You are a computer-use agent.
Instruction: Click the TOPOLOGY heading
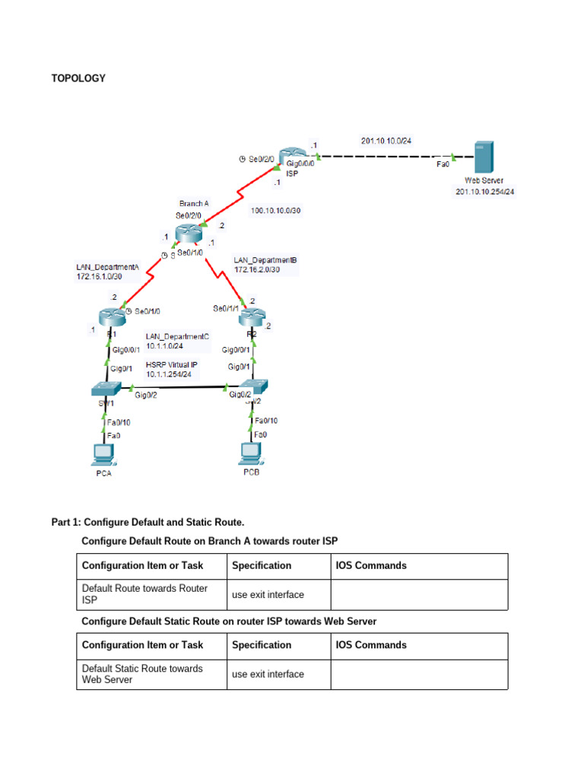78,78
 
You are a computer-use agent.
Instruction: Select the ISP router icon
290,157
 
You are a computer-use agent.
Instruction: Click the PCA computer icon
103,454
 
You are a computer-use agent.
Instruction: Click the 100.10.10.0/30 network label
275,211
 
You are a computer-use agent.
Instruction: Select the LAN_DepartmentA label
108,267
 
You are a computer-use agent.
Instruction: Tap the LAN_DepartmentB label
265,260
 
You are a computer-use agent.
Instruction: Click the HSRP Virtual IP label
172,364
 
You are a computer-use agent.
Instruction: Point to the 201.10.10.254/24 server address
484,192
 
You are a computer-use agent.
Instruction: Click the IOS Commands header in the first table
371,565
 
